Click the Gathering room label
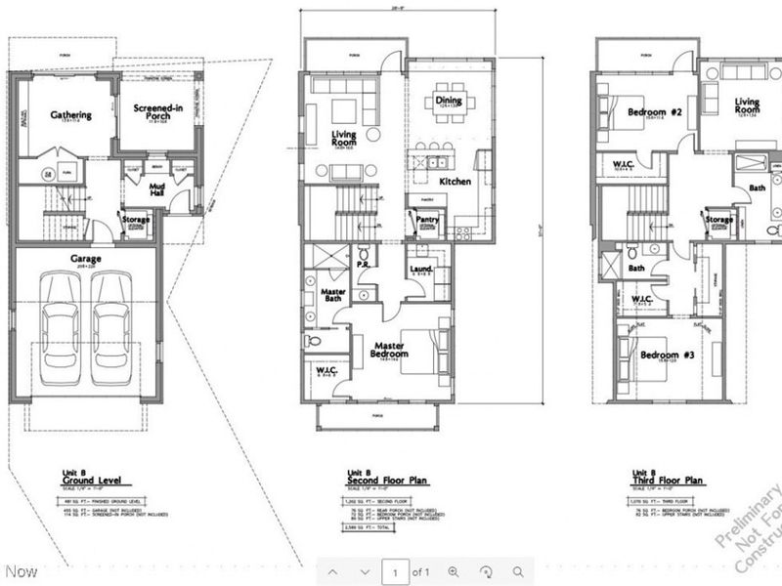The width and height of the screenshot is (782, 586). tap(70, 115)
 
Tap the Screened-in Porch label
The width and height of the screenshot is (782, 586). tap(151, 110)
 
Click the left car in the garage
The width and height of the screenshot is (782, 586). tap(62, 330)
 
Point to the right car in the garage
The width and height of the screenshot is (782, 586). tap(113, 330)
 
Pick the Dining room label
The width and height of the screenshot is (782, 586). tap(449, 101)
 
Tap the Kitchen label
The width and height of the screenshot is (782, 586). tap(456, 183)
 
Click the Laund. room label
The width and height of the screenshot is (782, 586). tap(422, 268)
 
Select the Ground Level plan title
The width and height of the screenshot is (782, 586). tap(85, 481)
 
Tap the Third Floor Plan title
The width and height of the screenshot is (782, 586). tap(668, 481)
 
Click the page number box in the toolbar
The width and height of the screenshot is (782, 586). tap(395, 571)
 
